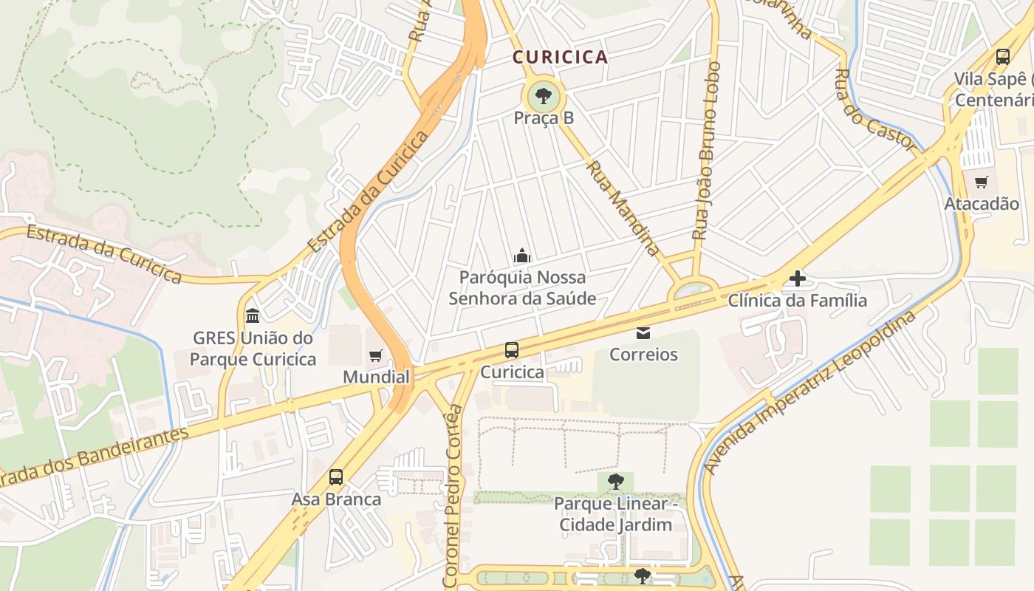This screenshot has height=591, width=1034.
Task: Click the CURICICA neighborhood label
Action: (x=560, y=57)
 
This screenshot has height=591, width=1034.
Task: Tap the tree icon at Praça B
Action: (x=544, y=96)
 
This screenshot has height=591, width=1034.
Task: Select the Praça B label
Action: (x=544, y=118)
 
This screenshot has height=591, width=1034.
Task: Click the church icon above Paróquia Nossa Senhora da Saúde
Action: (x=522, y=256)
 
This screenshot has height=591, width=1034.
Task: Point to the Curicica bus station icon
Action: (x=512, y=350)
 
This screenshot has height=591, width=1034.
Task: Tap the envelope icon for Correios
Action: (x=643, y=333)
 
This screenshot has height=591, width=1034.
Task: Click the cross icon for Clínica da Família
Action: (x=798, y=279)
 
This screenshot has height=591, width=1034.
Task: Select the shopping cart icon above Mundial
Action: (x=376, y=356)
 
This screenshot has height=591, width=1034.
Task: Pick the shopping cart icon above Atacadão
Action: (x=982, y=182)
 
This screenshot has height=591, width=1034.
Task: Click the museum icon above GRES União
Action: (x=253, y=315)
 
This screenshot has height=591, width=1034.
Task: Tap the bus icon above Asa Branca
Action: (x=336, y=477)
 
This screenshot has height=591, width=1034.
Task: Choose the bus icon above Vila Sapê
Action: (x=1003, y=56)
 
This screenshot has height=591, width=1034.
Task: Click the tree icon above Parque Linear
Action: (x=615, y=482)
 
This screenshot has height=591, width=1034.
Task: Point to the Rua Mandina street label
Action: (x=622, y=208)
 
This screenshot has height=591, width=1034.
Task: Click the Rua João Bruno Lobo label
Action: (x=706, y=151)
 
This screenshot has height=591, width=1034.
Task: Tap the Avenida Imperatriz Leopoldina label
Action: (x=809, y=392)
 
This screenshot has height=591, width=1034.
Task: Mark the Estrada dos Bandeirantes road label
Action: (x=92, y=459)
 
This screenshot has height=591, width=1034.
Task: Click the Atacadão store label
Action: (x=982, y=204)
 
